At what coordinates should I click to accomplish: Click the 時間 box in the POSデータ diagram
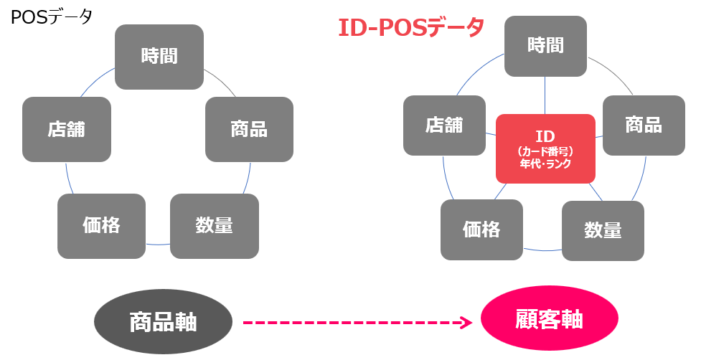[159, 57]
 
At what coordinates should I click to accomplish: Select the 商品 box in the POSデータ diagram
[249, 129]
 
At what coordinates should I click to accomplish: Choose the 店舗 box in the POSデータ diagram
[67, 129]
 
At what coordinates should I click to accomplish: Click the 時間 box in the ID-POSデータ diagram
[545, 46]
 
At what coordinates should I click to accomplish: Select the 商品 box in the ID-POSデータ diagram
[643, 125]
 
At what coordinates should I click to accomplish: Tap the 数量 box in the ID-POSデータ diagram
[603, 230]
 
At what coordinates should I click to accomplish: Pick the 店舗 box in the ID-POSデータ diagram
[444, 125]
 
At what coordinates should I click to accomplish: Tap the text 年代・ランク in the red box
[545, 164]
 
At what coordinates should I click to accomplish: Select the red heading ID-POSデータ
[411, 28]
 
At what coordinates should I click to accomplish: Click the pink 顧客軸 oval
[549, 321]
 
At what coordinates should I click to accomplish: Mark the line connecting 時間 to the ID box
[545, 95]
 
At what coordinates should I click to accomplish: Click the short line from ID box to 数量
[594, 191]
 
